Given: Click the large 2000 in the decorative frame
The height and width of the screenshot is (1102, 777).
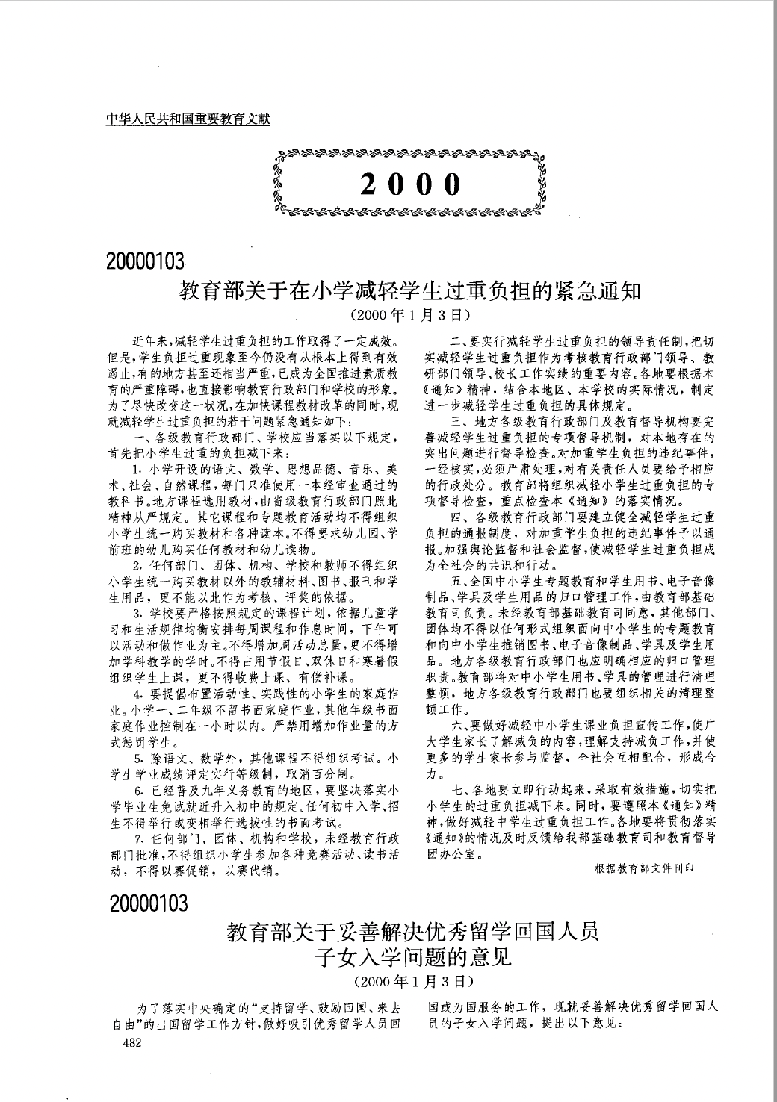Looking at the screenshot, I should coord(409,184).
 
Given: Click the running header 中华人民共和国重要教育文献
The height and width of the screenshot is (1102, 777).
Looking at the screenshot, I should coord(188,117).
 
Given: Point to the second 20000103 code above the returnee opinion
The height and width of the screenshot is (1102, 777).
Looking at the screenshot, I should coord(148,904).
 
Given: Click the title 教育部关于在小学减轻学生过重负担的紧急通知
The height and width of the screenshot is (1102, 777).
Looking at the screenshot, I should coord(410,290).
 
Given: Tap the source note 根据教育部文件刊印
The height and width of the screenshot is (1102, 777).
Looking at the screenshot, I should coord(644,868).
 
